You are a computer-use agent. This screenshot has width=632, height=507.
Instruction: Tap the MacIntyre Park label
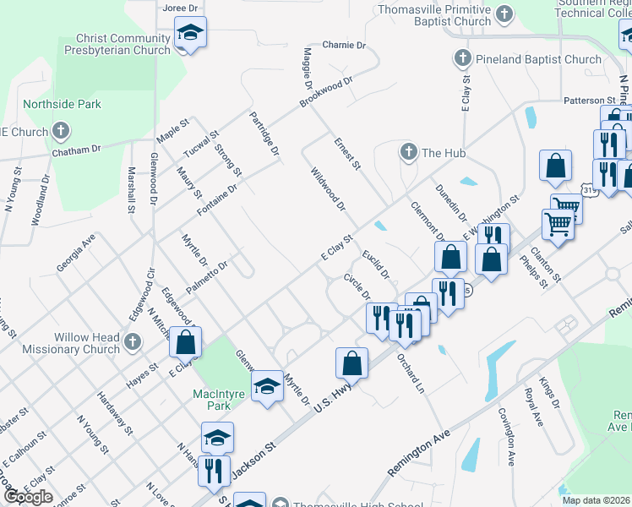pyautogui.click(x=211, y=399)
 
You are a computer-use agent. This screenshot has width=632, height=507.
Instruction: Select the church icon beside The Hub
pyautogui.click(x=408, y=152)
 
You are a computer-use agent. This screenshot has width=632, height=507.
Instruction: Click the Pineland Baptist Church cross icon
pyautogui.click(x=461, y=59)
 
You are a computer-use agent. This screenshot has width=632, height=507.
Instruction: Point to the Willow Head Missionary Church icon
pyautogui.click(x=132, y=342)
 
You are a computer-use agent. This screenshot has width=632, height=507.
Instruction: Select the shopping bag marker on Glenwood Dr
pyautogui.click(x=186, y=343)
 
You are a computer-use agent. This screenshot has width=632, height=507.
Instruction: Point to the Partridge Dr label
pyautogui.click(x=264, y=134)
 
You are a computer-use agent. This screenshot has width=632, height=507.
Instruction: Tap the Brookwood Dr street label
pyautogui.click(x=325, y=93)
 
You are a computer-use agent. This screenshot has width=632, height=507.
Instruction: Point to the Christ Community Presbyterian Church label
pyautogui.click(x=123, y=44)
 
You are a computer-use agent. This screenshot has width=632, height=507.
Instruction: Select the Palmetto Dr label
pyautogui.click(x=208, y=276)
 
